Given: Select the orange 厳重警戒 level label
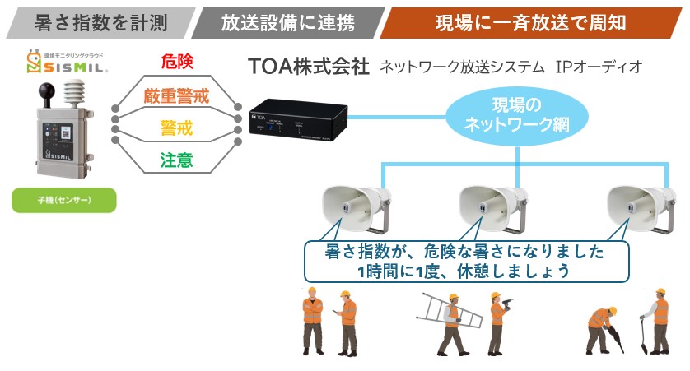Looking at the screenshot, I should pos(176,95).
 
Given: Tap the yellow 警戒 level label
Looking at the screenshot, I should pos(176,128).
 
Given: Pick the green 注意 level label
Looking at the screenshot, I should pos(176,160).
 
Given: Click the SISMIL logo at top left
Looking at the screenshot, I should pos(69,64).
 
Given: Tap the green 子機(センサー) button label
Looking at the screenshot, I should pos(63,201).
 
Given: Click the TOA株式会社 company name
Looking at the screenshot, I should pos(309,67).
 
